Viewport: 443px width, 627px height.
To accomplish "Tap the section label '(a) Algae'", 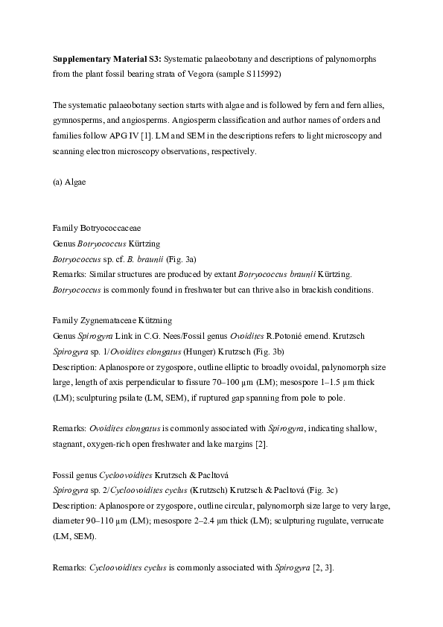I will [69, 182].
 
